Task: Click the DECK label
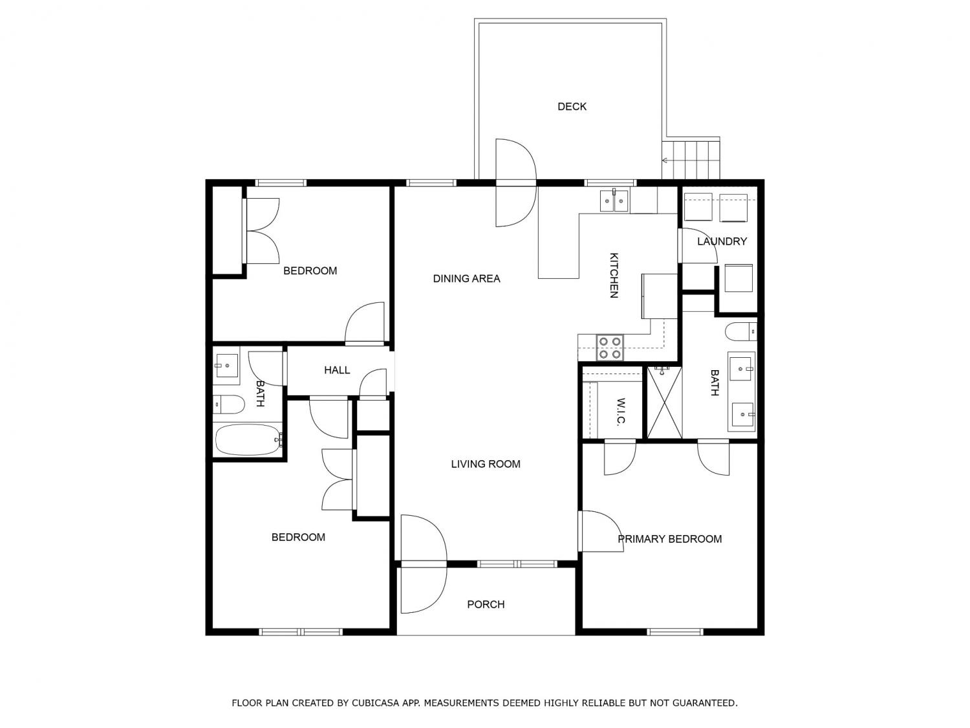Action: pos(572,107)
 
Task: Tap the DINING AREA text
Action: pos(466,278)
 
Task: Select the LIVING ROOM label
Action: pos(485,464)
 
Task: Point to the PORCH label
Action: pos(486,604)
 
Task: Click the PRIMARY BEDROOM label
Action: pos(669,539)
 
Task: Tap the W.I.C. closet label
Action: pos(621,411)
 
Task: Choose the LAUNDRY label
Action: pos(722,241)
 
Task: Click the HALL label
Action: pos(337,370)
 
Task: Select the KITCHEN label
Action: pos(614,276)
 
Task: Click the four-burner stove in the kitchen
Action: pos(610,347)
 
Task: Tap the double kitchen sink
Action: pos(614,201)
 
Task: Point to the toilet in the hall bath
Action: pos(228,404)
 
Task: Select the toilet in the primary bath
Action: pos(741,331)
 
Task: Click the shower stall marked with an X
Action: pos(665,403)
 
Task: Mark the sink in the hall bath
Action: pos(227,366)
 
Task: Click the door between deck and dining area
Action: pos(516,182)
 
